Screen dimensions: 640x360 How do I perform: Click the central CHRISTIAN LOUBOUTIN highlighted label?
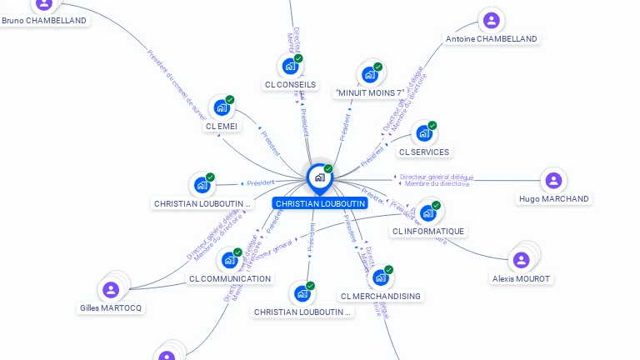(x=320, y=203)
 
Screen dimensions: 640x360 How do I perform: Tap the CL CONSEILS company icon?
(x=290, y=66)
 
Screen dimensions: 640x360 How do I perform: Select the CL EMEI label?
(x=222, y=127)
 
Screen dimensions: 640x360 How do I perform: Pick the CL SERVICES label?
(x=424, y=152)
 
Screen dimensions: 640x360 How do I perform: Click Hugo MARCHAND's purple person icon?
(x=552, y=180)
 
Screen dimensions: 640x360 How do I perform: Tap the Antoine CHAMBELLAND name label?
(x=492, y=39)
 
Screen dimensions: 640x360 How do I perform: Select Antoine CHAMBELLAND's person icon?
(x=492, y=20)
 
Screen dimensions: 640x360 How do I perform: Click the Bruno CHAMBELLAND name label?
(x=44, y=21)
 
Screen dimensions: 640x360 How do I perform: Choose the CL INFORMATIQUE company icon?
(x=428, y=212)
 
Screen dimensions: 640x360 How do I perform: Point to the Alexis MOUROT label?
(x=521, y=278)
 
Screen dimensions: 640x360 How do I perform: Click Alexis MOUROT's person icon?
(x=522, y=260)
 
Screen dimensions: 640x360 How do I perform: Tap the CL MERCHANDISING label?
(x=381, y=296)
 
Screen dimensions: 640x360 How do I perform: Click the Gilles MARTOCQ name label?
(x=111, y=308)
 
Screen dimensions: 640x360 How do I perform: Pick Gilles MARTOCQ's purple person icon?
(x=111, y=289)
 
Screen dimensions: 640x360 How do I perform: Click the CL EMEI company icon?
(x=221, y=107)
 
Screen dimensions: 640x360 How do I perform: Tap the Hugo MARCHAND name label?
(x=553, y=199)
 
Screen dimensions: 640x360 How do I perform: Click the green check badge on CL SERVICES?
(x=432, y=126)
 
